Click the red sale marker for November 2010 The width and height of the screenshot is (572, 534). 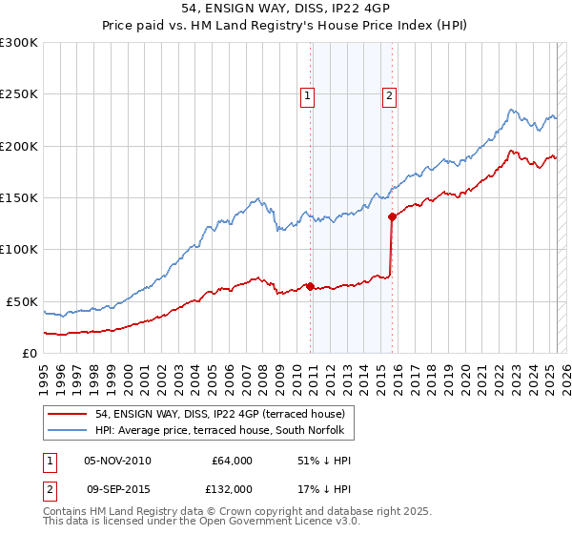click(311, 286)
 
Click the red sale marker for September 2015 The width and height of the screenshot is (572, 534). click(392, 216)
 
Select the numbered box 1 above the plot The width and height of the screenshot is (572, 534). click(308, 94)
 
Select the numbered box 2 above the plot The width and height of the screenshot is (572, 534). click(391, 94)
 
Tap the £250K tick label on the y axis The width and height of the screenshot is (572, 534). click(19, 94)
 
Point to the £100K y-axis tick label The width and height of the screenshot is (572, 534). click(19, 250)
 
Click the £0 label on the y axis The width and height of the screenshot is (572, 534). click(31, 353)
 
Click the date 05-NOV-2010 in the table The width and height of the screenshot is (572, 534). click(117, 461)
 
